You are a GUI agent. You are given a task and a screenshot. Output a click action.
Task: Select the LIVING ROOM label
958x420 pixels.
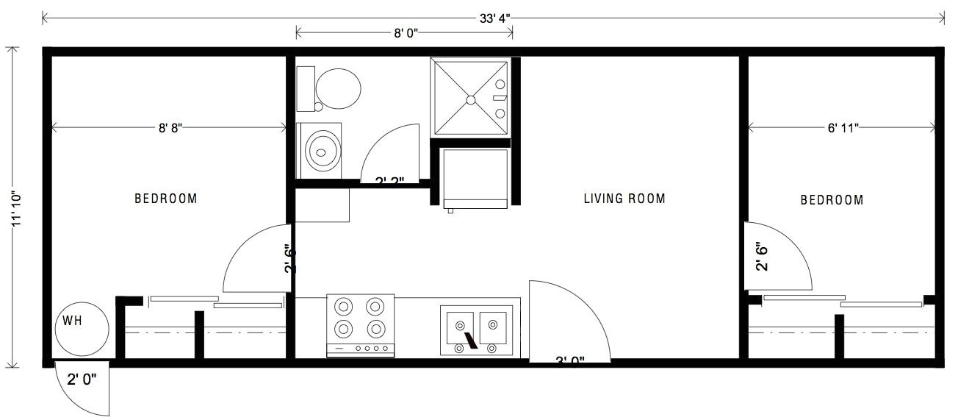(624, 199)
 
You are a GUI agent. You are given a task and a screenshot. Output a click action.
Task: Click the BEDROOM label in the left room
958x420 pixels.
(165, 199)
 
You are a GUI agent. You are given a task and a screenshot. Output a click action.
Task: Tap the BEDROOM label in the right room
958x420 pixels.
(832, 199)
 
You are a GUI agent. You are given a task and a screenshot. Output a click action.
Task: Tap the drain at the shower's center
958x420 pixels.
(471, 98)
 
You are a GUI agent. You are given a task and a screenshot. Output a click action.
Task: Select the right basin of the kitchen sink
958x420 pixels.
(491, 324)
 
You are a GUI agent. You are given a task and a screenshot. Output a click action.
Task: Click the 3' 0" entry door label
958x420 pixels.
(569, 360)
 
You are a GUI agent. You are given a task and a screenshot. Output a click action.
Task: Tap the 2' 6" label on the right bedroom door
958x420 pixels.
(762, 258)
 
